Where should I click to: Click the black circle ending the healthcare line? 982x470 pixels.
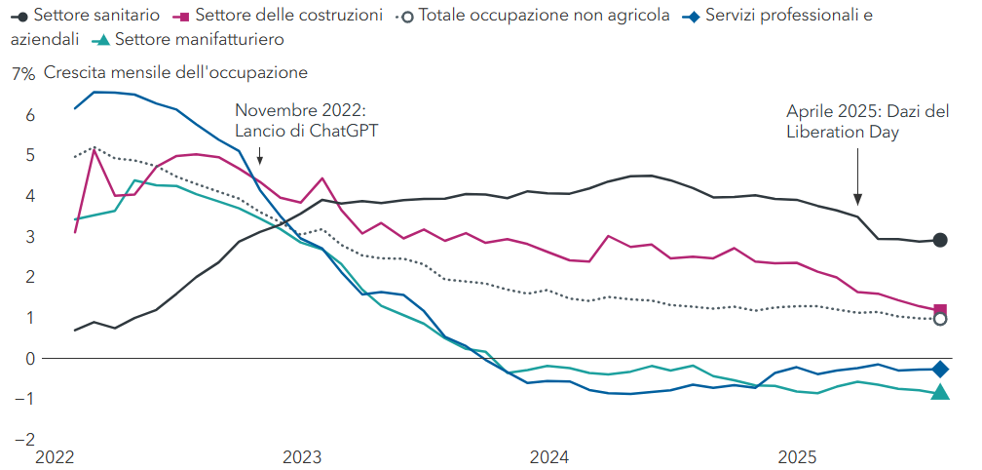[940, 240]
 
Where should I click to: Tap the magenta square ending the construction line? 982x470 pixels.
[940, 310]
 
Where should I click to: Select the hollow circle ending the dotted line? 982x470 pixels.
[940, 319]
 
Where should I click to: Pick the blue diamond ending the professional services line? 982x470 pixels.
[940, 369]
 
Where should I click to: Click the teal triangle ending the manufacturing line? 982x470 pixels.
[940, 392]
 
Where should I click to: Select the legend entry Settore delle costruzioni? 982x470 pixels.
[282, 16]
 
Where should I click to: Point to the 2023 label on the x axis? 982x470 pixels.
[302, 456]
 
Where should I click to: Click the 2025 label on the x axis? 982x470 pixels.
[798, 456]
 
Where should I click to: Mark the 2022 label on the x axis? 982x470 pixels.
[55, 456]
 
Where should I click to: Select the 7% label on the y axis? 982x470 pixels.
[22, 73]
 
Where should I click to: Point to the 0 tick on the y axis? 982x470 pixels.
[29, 358]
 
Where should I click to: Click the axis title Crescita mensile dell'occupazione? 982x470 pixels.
[175, 73]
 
